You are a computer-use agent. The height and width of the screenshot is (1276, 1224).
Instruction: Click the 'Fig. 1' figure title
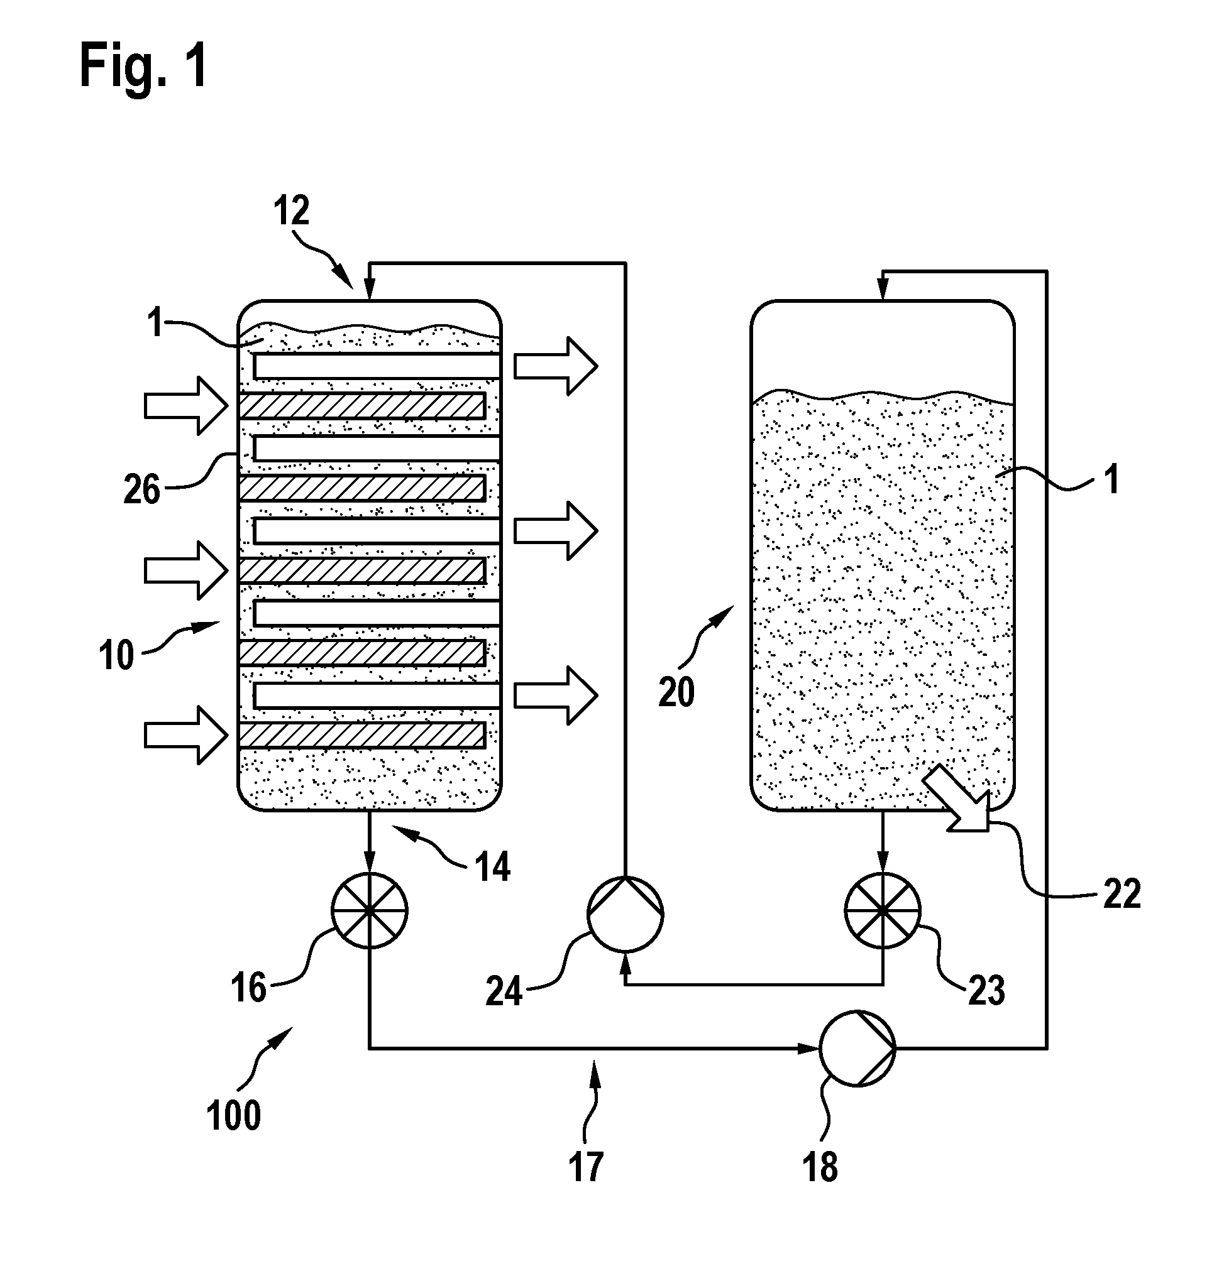pyautogui.click(x=143, y=65)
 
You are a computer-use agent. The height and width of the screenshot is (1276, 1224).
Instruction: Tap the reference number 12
pyautogui.click(x=291, y=210)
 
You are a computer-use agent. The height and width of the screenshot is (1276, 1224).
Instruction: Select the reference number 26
pyautogui.click(x=141, y=489)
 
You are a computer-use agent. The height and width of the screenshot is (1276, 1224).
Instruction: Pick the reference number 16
pyautogui.click(x=248, y=988)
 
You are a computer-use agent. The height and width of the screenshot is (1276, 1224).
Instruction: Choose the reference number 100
pyautogui.click(x=234, y=1115)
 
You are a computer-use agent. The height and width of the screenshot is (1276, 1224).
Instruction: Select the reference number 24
pyautogui.click(x=504, y=991)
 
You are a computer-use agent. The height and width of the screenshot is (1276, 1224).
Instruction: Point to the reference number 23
pyautogui.click(x=987, y=990)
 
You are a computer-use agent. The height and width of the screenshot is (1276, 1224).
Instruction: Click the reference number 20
pyautogui.click(x=677, y=692)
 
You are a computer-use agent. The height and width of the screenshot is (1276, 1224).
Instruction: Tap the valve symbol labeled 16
pyautogui.click(x=370, y=910)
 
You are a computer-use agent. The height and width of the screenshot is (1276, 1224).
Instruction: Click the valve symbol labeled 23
pyautogui.click(x=883, y=910)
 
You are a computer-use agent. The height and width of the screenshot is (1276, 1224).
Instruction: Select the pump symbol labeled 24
pyautogui.click(x=626, y=913)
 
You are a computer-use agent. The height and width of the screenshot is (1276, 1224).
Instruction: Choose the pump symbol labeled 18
pyautogui.click(x=857, y=1048)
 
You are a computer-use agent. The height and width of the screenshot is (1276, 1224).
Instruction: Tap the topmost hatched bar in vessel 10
pyautogui.click(x=363, y=406)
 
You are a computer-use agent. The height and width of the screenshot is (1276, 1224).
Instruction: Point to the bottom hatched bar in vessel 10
pyautogui.click(x=363, y=735)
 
